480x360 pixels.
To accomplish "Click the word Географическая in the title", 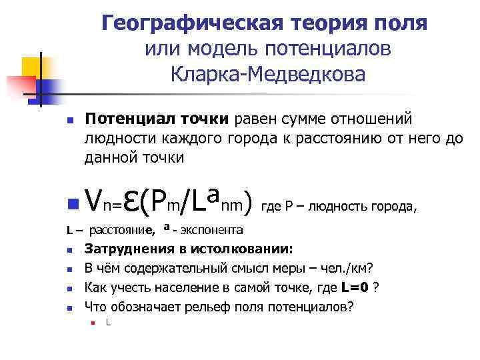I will [x=193, y=24].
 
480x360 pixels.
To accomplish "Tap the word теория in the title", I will [x=334, y=24].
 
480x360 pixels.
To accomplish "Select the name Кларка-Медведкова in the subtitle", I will [x=267, y=74].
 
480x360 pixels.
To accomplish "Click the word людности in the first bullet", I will [x=115, y=139].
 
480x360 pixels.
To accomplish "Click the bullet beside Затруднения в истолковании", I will [x=69, y=251].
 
